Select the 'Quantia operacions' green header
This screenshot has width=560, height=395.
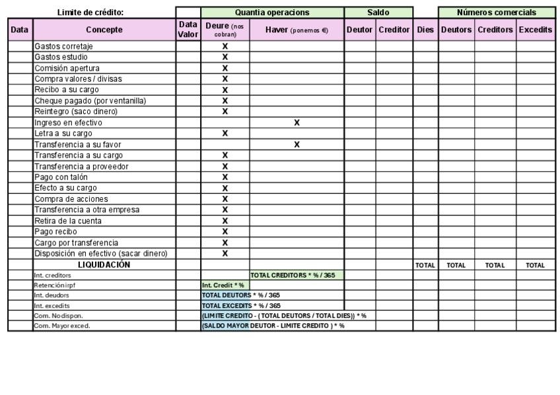[x=272, y=13]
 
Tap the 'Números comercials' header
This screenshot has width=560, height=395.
[x=496, y=13]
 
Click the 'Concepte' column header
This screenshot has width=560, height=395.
[x=104, y=30]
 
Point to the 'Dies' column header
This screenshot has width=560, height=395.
[x=425, y=30]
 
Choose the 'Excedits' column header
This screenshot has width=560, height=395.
[x=536, y=30]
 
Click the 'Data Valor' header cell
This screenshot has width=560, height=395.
[x=188, y=30]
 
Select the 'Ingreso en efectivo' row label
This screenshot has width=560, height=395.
[x=69, y=123]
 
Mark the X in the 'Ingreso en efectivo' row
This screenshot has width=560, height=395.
[x=297, y=123]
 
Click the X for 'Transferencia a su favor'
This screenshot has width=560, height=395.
[x=297, y=144]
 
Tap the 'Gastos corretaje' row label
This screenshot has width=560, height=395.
[x=63, y=46]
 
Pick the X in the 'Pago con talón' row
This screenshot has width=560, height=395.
[x=225, y=177]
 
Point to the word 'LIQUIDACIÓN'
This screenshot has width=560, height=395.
[x=104, y=264]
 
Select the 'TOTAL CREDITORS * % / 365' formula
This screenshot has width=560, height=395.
[x=297, y=275]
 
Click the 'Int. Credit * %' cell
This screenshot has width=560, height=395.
[x=223, y=286]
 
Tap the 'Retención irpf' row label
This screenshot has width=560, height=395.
[x=51, y=286]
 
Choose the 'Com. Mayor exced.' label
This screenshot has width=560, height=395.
[x=62, y=326]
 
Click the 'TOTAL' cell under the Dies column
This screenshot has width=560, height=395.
[x=425, y=265]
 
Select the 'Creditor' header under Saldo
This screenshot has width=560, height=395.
[x=394, y=30]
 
